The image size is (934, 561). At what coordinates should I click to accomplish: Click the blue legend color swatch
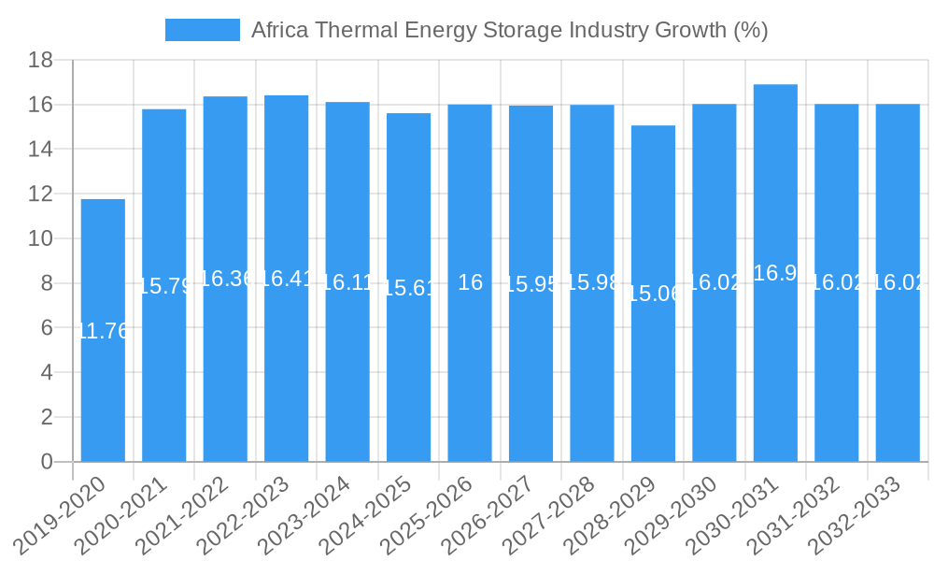point(202,30)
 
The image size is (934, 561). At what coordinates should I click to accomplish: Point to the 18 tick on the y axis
point(41,61)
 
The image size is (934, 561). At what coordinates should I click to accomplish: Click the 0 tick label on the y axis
point(47,462)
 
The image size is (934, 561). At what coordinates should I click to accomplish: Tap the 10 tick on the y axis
point(41,239)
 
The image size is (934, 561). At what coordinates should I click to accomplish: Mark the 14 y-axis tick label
point(41,150)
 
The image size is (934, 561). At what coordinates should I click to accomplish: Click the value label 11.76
point(103,331)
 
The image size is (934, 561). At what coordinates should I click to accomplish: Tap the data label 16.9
point(775,273)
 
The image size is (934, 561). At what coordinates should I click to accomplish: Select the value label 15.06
point(653,294)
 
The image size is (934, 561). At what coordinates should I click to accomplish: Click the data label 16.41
point(286,279)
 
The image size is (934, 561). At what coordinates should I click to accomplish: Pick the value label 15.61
point(408,288)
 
